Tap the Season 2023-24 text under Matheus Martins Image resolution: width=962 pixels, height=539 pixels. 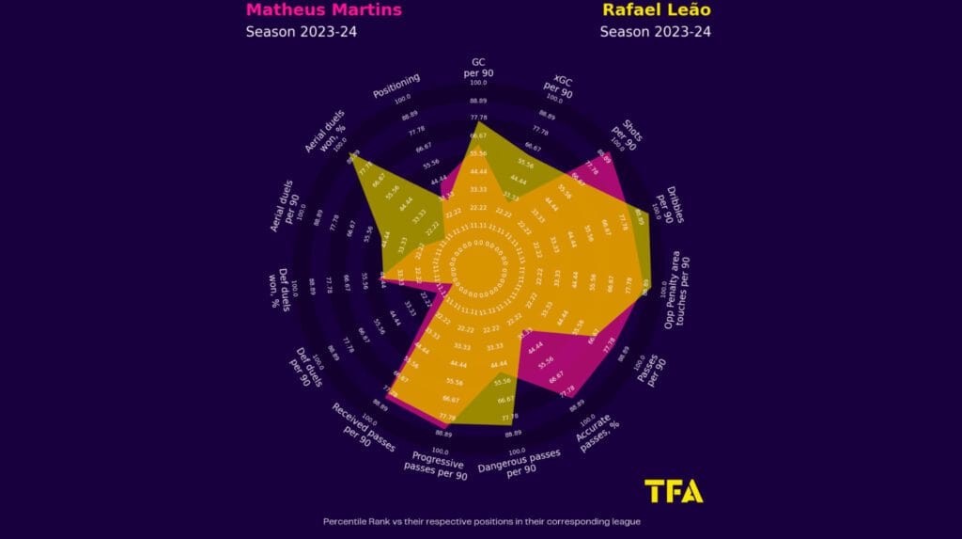click(x=301, y=32)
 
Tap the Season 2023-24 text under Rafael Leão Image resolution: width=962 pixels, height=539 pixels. click(x=655, y=32)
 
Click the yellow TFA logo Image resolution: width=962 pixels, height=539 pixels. click(x=674, y=491)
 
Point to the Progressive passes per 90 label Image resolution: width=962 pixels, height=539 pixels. click(x=438, y=463)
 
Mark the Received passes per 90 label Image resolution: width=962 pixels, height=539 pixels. click(x=361, y=428)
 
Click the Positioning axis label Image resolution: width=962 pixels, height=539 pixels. click(x=396, y=86)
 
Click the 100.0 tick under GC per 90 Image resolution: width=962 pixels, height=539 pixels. click(x=478, y=83)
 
